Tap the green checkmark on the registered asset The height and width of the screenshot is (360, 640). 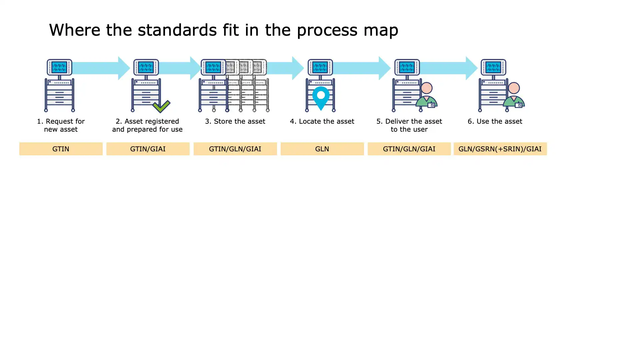coord(161,106)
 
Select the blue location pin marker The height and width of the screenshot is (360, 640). coord(321,97)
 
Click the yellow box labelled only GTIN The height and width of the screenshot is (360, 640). coord(61,149)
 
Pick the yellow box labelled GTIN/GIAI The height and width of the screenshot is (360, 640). coord(148,149)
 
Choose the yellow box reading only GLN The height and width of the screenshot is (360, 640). coord(322,149)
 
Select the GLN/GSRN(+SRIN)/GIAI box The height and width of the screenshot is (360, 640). coord(500,149)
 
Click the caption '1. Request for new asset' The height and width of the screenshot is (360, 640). coord(61,125)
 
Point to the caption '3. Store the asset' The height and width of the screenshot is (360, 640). coord(235,121)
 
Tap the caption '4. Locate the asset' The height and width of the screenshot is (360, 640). coord(322,121)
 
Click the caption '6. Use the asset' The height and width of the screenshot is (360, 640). coord(495,121)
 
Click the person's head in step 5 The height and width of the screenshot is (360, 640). coord(427,88)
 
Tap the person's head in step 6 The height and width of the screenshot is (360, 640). coord(514,88)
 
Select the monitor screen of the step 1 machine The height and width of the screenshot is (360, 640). coord(59,67)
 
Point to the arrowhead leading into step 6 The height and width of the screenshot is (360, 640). coord(471,68)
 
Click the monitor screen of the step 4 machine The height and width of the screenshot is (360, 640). coord(320,67)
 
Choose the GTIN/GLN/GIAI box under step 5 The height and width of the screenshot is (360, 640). coord(409,149)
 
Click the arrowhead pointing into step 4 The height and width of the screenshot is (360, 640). coord(298,68)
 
